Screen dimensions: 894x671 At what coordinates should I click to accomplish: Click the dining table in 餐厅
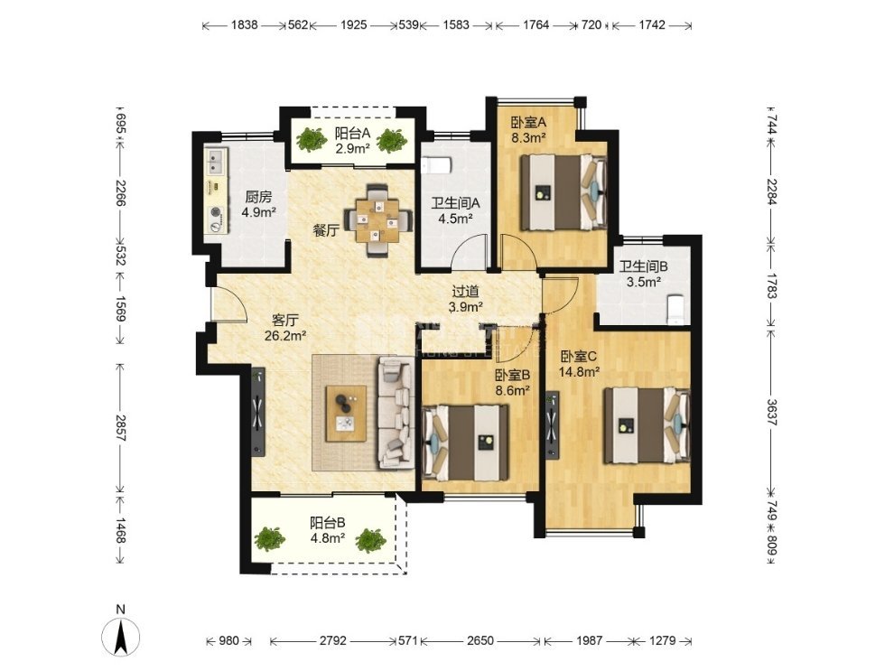[x=377, y=220]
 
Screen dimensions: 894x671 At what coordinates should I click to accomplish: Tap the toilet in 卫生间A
[x=437, y=164]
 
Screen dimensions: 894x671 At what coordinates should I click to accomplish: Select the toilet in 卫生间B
[x=675, y=310]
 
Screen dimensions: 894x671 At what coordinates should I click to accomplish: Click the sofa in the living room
[x=396, y=413]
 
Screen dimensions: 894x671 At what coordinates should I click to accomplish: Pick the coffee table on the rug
[x=346, y=414]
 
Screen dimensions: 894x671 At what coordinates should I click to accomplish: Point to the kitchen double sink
[x=216, y=162]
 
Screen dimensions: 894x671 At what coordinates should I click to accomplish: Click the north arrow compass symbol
[x=120, y=636]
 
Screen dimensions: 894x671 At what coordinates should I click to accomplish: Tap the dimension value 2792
[x=332, y=641]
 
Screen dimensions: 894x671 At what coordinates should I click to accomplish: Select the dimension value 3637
[x=771, y=412]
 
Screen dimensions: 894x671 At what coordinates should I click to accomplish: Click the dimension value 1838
[x=245, y=24]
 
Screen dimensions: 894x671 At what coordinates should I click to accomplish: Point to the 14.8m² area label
[x=579, y=372]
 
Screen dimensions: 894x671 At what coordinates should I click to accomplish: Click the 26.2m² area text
[x=285, y=335]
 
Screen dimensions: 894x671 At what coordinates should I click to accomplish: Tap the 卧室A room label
[x=528, y=122]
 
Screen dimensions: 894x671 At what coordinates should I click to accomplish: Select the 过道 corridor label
[x=465, y=292]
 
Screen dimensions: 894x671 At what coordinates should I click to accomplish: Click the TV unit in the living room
[x=259, y=412]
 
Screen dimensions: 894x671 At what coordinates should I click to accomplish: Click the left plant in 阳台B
[x=269, y=539]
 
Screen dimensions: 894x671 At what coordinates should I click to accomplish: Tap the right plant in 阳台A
[x=392, y=140]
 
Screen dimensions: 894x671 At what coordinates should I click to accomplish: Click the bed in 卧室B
[x=466, y=443]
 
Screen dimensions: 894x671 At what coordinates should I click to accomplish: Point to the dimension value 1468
[x=121, y=530]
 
